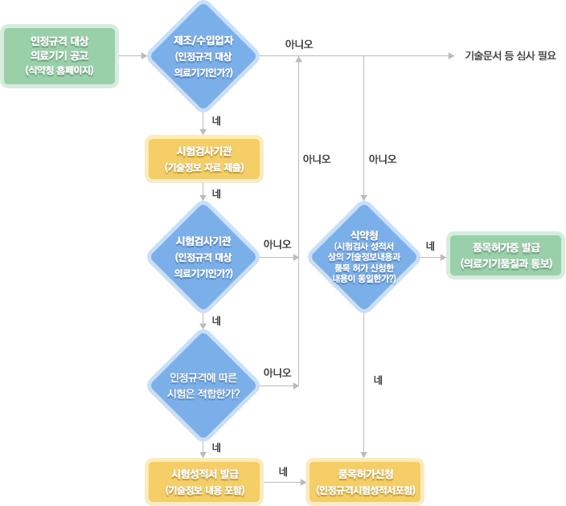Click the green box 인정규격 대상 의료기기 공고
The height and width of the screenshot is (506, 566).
59,55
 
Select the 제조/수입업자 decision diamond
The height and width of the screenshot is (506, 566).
203,55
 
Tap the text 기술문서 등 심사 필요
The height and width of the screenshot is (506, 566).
511,56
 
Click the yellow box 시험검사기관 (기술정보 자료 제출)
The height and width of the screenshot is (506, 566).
203,159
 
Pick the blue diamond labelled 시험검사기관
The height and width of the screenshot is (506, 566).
203,257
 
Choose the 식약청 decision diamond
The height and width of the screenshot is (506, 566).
364,257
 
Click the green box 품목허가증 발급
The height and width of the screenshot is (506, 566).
505,255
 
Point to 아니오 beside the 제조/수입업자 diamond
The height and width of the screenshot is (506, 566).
299,43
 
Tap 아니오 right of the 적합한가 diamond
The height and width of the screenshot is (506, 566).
277,373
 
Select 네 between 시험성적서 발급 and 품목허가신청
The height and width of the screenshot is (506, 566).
283,471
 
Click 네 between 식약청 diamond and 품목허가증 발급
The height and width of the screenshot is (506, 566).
430,245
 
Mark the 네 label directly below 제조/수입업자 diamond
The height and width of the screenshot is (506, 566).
216,120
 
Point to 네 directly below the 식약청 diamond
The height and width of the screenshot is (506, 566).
377,379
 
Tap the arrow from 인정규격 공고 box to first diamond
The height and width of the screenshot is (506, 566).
133,56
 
